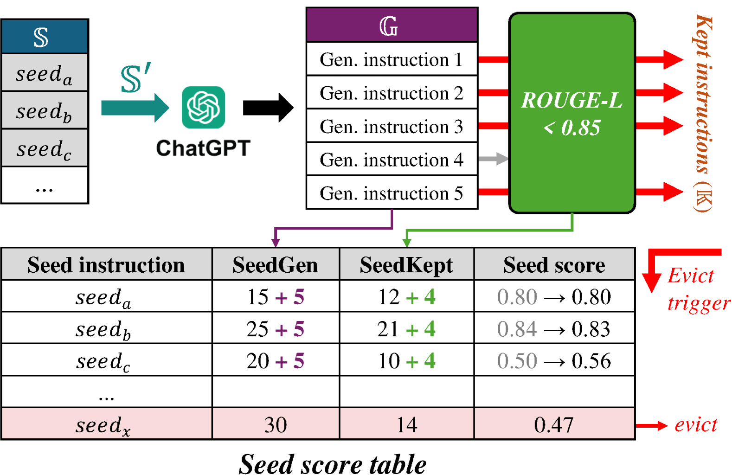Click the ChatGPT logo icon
tap(203, 107)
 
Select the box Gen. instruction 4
tap(392, 160)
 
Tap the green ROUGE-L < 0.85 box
tap(571, 113)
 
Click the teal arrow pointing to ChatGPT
tap(135, 108)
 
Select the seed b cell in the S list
tap(45, 110)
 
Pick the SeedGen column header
tap(276, 265)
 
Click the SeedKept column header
tap(406, 265)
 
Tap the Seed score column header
tap(554, 265)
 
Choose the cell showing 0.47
tap(554, 424)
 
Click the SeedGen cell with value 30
tap(276, 424)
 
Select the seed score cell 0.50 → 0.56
tap(554, 360)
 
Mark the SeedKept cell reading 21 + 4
tap(406, 329)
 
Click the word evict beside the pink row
tap(696, 424)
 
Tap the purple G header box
tap(392, 26)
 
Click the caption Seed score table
tap(333, 463)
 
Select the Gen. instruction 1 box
tap(392, 59)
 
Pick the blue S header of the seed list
tap(45, 37)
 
